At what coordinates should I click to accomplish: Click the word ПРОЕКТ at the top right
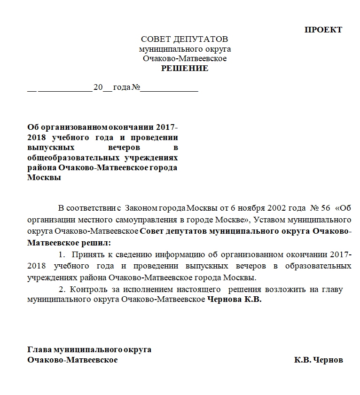tap(323, 30)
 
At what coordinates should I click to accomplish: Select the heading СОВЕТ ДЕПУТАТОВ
tap(184, 39)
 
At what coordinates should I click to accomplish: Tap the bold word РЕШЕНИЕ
tap(185, 69)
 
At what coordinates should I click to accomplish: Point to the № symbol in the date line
tap(136, 88)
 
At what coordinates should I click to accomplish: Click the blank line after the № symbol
tap(169, 88)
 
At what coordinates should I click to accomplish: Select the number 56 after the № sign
tap(324, 208)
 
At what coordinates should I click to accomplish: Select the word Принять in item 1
tap(87, 254)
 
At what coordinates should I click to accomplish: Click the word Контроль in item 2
tap(85, 289)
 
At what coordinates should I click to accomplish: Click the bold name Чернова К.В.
tap(234, 300)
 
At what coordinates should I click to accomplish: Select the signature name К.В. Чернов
tap(319, 360)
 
